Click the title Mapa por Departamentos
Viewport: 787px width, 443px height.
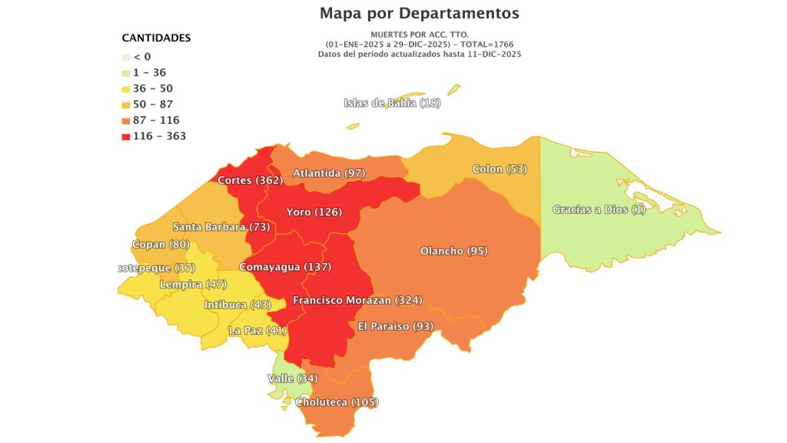[x=419, y=13]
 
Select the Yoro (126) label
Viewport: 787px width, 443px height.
[x=314, y=212]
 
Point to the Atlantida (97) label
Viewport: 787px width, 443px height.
[x=329, y=174]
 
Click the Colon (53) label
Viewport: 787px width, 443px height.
[x=500, y=169]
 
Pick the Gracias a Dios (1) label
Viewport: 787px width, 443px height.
[x=599, y=210]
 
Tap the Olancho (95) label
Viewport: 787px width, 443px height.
[x=453, y=251]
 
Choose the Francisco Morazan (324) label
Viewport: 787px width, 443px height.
[x=357, y=300]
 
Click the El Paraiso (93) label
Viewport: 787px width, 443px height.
[x=396, y=326]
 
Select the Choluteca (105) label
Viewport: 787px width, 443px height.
[x=337, y=402]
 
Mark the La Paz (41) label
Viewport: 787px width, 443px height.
[x=257, y=331]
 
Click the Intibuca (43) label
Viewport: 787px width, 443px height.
[x=237, y=305]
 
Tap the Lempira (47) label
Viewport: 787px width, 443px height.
[x=193, y=285]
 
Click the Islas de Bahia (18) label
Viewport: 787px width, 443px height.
[x=391, y=103]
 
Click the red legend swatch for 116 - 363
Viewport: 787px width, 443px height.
[x=126, y=136]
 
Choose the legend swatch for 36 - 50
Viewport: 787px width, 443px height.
[x=126, y=88]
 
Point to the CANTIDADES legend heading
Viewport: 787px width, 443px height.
[x=156, y=38]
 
